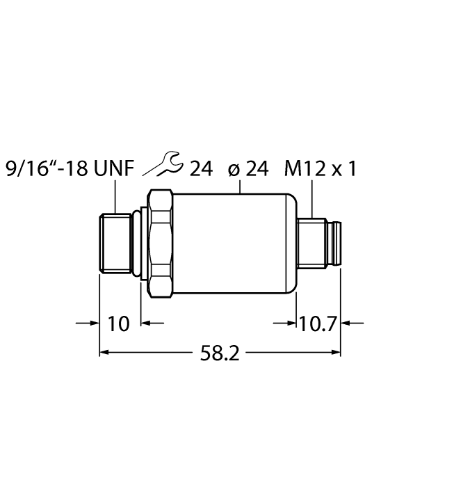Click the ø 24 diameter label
(x=248, y=169)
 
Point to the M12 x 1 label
(x=321, y=169)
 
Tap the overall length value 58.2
(x=220, y=353)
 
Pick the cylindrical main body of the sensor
(x=234, y=243)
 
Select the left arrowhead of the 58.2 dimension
(x=106, y=353)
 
